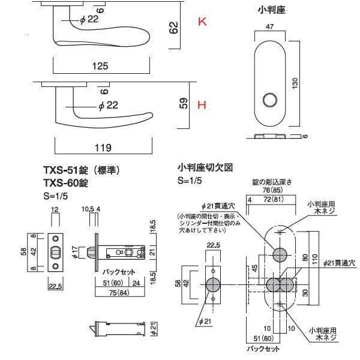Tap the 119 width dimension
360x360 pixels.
point(103,146)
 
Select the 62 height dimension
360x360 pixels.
point(175,28)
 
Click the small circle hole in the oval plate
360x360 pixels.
point(271,98)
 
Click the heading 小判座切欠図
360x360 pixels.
point(205,169)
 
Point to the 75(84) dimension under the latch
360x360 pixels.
point(117,293)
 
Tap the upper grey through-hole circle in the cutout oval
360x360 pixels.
point(279,254)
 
